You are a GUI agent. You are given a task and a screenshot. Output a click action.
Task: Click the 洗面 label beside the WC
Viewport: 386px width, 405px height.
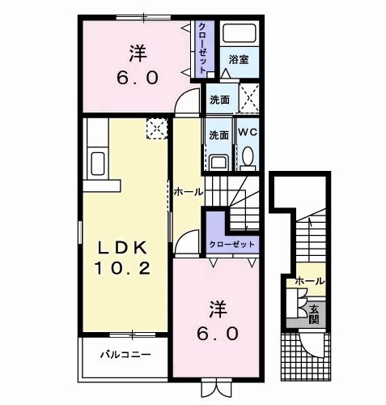coord(218,134)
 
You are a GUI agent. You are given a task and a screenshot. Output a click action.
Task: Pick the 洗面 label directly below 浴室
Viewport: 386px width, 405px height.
coord(219,100)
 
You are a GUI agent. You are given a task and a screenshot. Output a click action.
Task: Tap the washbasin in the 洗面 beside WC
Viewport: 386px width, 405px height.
coord(218,160)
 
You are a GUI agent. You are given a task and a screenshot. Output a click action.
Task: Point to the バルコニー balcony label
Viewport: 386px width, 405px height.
coord(125,354)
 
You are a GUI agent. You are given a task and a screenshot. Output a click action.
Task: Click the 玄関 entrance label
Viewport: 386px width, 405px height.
coord(313,312)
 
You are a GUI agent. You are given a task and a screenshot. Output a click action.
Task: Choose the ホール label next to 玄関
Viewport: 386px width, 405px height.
coord(311,281)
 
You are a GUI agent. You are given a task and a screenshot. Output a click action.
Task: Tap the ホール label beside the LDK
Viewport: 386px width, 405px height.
coord(187,191)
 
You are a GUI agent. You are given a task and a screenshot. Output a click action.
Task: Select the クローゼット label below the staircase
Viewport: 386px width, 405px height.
coord(232,243)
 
